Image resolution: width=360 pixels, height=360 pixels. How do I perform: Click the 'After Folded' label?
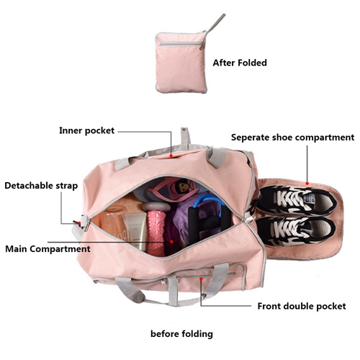click(240, 63)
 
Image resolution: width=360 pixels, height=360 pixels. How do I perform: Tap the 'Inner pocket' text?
click(87, 130)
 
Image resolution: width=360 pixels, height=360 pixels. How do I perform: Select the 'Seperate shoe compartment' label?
click(292, 138)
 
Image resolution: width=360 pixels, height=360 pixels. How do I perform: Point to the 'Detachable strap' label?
click(41, 186)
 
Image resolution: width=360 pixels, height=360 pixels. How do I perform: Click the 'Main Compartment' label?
click(48, 249)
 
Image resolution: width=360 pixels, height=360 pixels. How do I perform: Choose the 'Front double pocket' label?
click(302, 306)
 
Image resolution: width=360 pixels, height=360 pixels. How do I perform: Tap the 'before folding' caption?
click(181, 334)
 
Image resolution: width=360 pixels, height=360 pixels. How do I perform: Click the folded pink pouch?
click(181, 63)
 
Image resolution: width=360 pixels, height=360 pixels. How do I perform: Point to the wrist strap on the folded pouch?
click(215, 23)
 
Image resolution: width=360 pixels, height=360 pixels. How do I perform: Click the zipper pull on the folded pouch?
click(202, 45)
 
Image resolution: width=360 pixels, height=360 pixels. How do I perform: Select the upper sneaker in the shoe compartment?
click(297, 200)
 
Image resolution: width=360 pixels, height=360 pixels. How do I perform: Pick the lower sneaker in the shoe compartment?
click(296, 231)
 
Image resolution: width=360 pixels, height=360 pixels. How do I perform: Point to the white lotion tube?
click(135, 231)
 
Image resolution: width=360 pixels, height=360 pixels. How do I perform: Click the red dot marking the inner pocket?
click(171, 156)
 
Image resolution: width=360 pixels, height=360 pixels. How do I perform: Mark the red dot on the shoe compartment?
click(307, 184)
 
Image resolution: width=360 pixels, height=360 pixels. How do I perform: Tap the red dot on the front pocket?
click(201, 279)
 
